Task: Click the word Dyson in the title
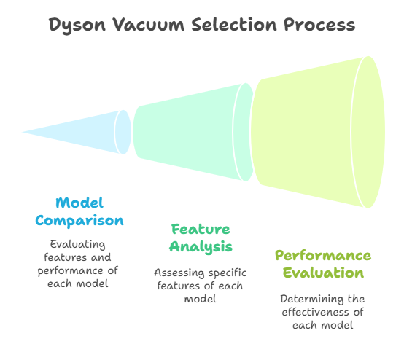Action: click(77, 26)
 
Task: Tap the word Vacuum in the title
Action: click(149, 25)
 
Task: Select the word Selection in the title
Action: click(234, 25)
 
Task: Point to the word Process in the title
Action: click(319, 25)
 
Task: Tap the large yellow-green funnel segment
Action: click(317, 132)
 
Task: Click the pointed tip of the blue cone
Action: click(22, 132)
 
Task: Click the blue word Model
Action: click(79, 203)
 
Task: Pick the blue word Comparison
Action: click(79, 221)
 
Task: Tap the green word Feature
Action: click(201, 229)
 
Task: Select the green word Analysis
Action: click(201, 247)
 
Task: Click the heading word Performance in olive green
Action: click(323, 256)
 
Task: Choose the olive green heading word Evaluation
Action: click(323, 273)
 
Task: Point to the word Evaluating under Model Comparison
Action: click(78, 244)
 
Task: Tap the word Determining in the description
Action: click(312, 299)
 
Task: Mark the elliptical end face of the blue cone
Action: click(123, 132)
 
